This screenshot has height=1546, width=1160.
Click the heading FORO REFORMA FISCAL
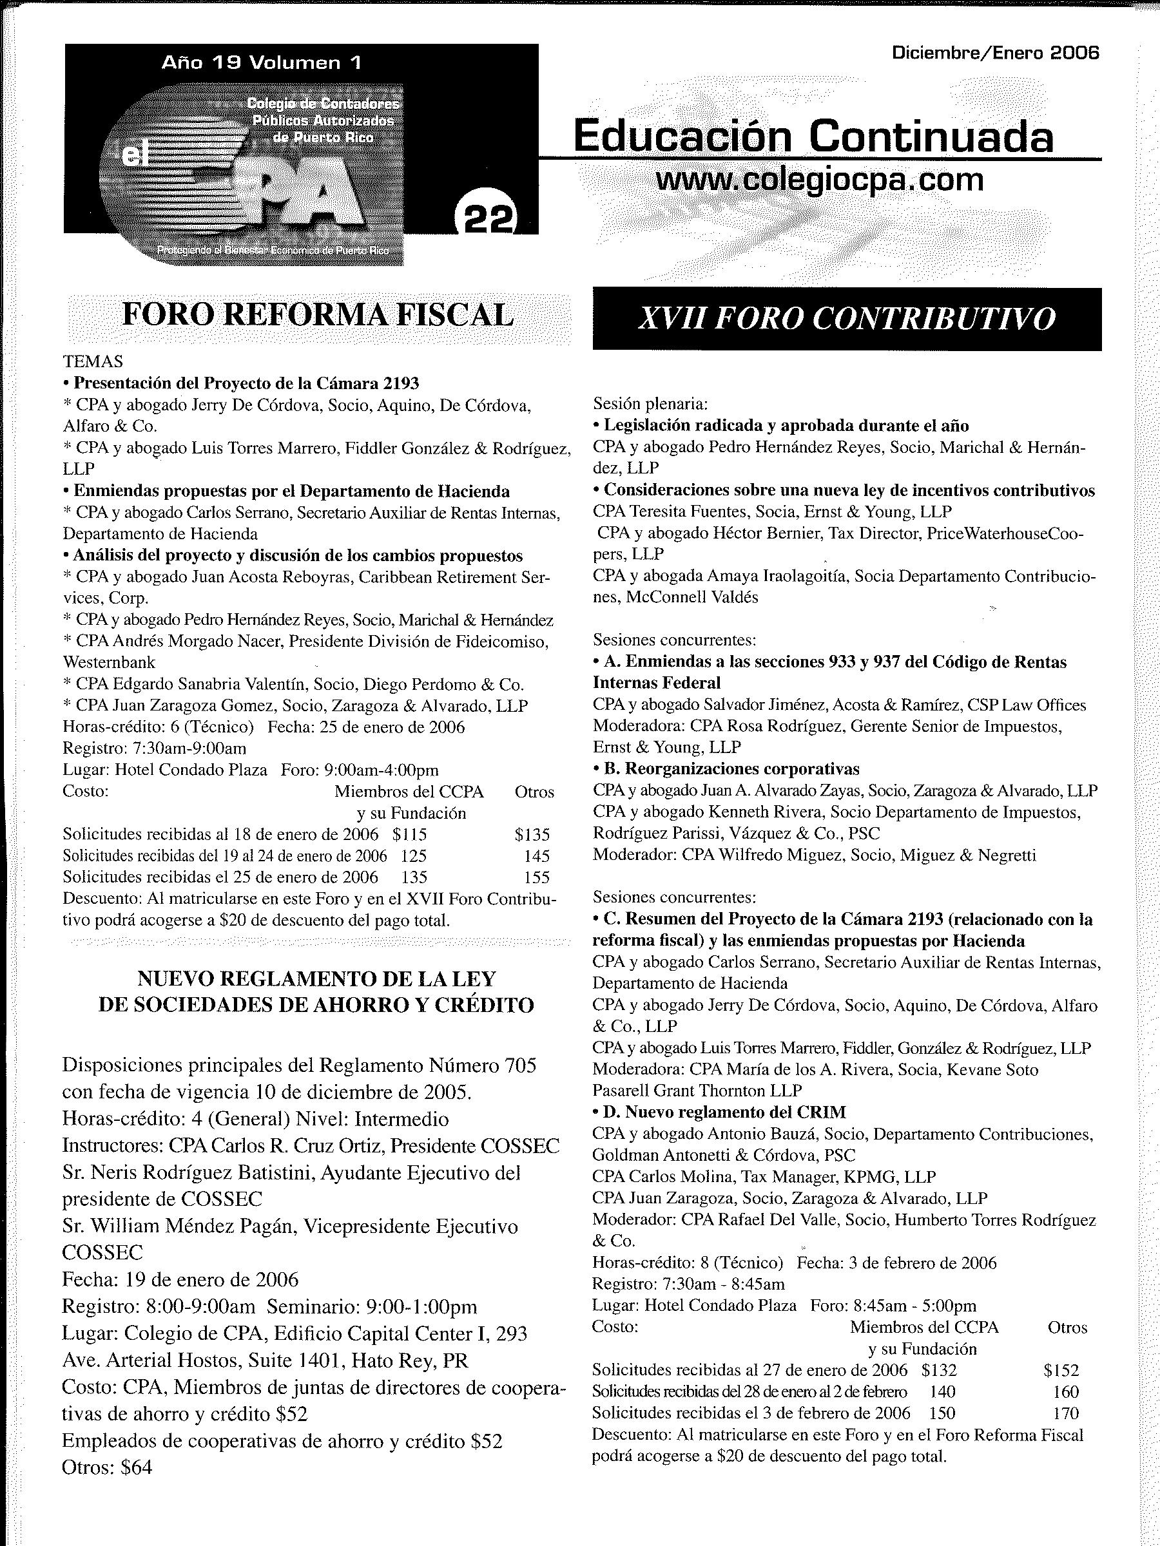318,315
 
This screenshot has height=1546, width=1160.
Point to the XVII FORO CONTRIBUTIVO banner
847,320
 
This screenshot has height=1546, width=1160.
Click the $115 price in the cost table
410,834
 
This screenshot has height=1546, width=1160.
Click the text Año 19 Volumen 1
262,63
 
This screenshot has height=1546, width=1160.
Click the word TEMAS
93,361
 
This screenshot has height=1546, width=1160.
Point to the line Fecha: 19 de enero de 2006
180,1280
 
